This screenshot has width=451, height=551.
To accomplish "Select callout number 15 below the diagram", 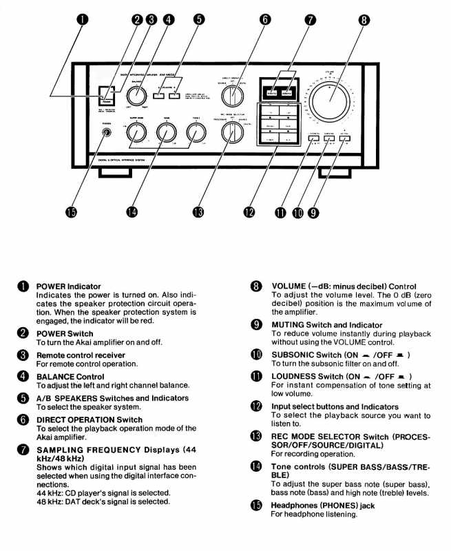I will pyautogui.click(x=70, y=212).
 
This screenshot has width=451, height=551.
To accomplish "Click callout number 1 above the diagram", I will pyautogui.click(x=83, y=19).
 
